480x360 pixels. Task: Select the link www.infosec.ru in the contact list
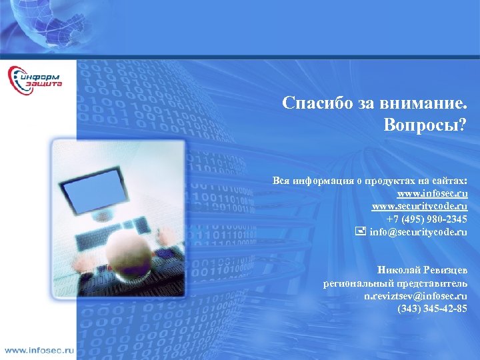[432, 194]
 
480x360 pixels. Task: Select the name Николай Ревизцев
[422, 270]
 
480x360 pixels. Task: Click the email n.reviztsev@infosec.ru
[415, 295]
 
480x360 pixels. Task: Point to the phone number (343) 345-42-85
[432, 308]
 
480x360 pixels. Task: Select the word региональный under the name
[352, 283]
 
